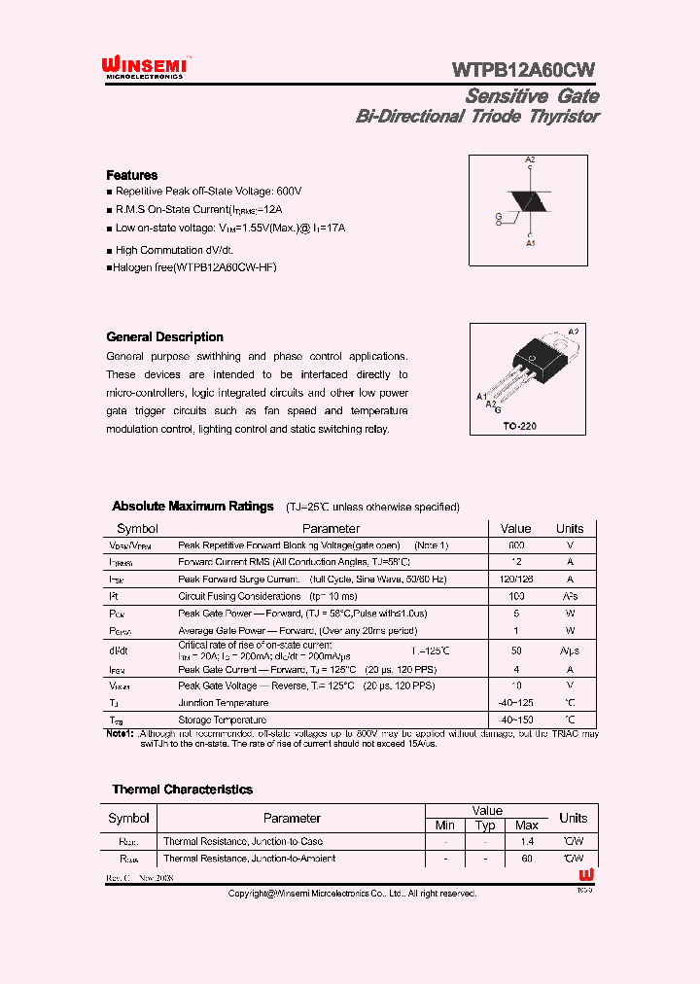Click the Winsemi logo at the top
pos(145,66)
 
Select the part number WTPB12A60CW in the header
pos(524,69)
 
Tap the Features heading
pos(131,175)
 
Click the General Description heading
pos(164,337)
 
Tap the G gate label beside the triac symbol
pos(498,215)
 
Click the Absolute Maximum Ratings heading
pos(192,507)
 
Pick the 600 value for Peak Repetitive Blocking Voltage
pos(516,545)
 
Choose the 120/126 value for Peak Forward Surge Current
pos(516,579)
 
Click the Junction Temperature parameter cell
pos(223,703)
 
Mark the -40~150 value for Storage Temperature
pos(516,720)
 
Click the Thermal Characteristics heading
pos(182,790)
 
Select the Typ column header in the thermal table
pos(485,826)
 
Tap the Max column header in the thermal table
pos(526,826)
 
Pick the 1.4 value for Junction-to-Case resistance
pos(526,842)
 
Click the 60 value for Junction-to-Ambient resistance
pos(526,859)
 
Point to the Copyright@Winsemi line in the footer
pos(352,893)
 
